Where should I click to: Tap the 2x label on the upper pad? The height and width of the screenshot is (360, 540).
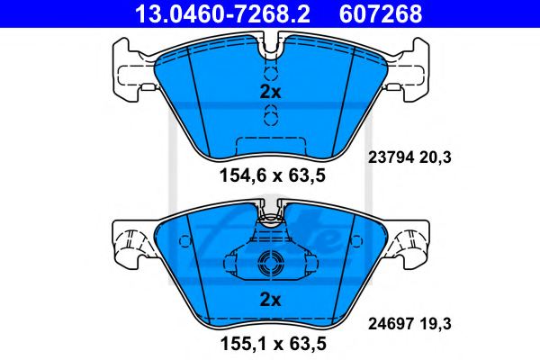[x=270, y=92]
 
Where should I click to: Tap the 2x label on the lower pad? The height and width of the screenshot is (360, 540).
[x=270, y=299]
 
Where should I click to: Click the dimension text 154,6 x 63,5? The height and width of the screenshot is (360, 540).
[x=270, y=175]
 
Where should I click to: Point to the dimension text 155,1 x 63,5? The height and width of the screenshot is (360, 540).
[x=270, y=343]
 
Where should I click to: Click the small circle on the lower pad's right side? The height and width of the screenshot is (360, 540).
[x=357, y=240]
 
